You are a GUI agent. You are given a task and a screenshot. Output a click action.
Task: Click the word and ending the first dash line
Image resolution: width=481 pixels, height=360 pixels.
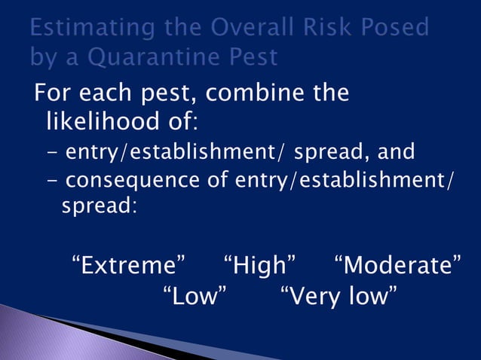[x=396, y=152]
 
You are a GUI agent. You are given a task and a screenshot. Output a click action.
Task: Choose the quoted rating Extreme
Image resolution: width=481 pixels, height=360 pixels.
[x=129, y=266]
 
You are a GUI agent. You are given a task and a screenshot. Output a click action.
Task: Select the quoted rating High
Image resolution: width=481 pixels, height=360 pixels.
[x=260, y=266]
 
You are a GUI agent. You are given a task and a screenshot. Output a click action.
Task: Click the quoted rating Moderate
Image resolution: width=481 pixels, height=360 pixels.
[x=397, y=266]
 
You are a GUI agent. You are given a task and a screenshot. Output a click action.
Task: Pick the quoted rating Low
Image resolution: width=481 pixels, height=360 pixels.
[x=195, y=296]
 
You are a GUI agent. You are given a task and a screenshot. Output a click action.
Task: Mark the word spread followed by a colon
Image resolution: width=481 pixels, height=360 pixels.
[x=97, y=205]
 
